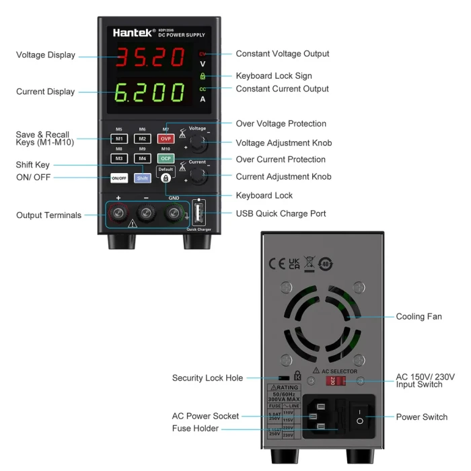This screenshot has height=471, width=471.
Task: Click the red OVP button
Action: coord(165,139)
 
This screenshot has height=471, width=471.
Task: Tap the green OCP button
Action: coord(165,158)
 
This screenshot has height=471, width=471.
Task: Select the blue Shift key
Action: coord(143,178)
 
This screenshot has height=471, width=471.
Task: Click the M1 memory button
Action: coord(118,139)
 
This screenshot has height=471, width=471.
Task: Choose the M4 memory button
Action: coord(142,158)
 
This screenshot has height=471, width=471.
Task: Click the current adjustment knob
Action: coord(197,176)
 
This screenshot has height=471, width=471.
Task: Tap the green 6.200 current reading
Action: coord(149,92)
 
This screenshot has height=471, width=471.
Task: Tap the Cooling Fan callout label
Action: coord(419,316)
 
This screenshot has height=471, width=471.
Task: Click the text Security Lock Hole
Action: coord(207,378)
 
